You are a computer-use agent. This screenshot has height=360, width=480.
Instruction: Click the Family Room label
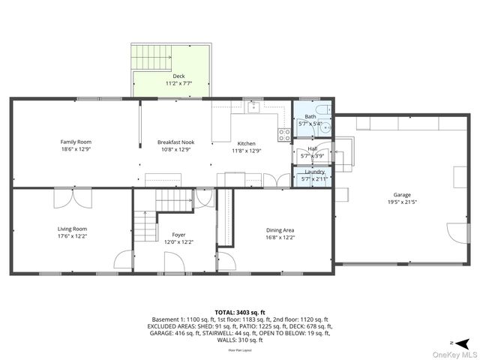tap(76, 141)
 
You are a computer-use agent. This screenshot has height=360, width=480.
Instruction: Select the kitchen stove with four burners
tap(285, 135)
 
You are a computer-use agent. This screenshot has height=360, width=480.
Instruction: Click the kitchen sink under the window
tap(254, 108)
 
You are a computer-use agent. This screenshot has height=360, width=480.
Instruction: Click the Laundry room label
tap(314, 172)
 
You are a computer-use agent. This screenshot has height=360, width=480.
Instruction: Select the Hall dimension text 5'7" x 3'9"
tap(313, 156)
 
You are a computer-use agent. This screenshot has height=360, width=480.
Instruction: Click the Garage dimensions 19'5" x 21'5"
tap(402, 202)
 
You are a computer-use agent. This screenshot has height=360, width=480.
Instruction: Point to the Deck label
tap(178, 76)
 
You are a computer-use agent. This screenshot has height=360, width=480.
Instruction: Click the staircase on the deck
tap(151, 57)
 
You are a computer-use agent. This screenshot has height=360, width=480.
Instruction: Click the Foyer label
tap(178, 234)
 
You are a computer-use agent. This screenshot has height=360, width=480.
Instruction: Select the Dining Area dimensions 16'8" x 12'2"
tap(280, 238)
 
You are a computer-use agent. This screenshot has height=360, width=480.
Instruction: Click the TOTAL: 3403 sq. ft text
tap(240, 312)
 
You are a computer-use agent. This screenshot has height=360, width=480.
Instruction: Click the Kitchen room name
tap(247, 143)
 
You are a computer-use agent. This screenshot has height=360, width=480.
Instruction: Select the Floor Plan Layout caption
tap(240, 350)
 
